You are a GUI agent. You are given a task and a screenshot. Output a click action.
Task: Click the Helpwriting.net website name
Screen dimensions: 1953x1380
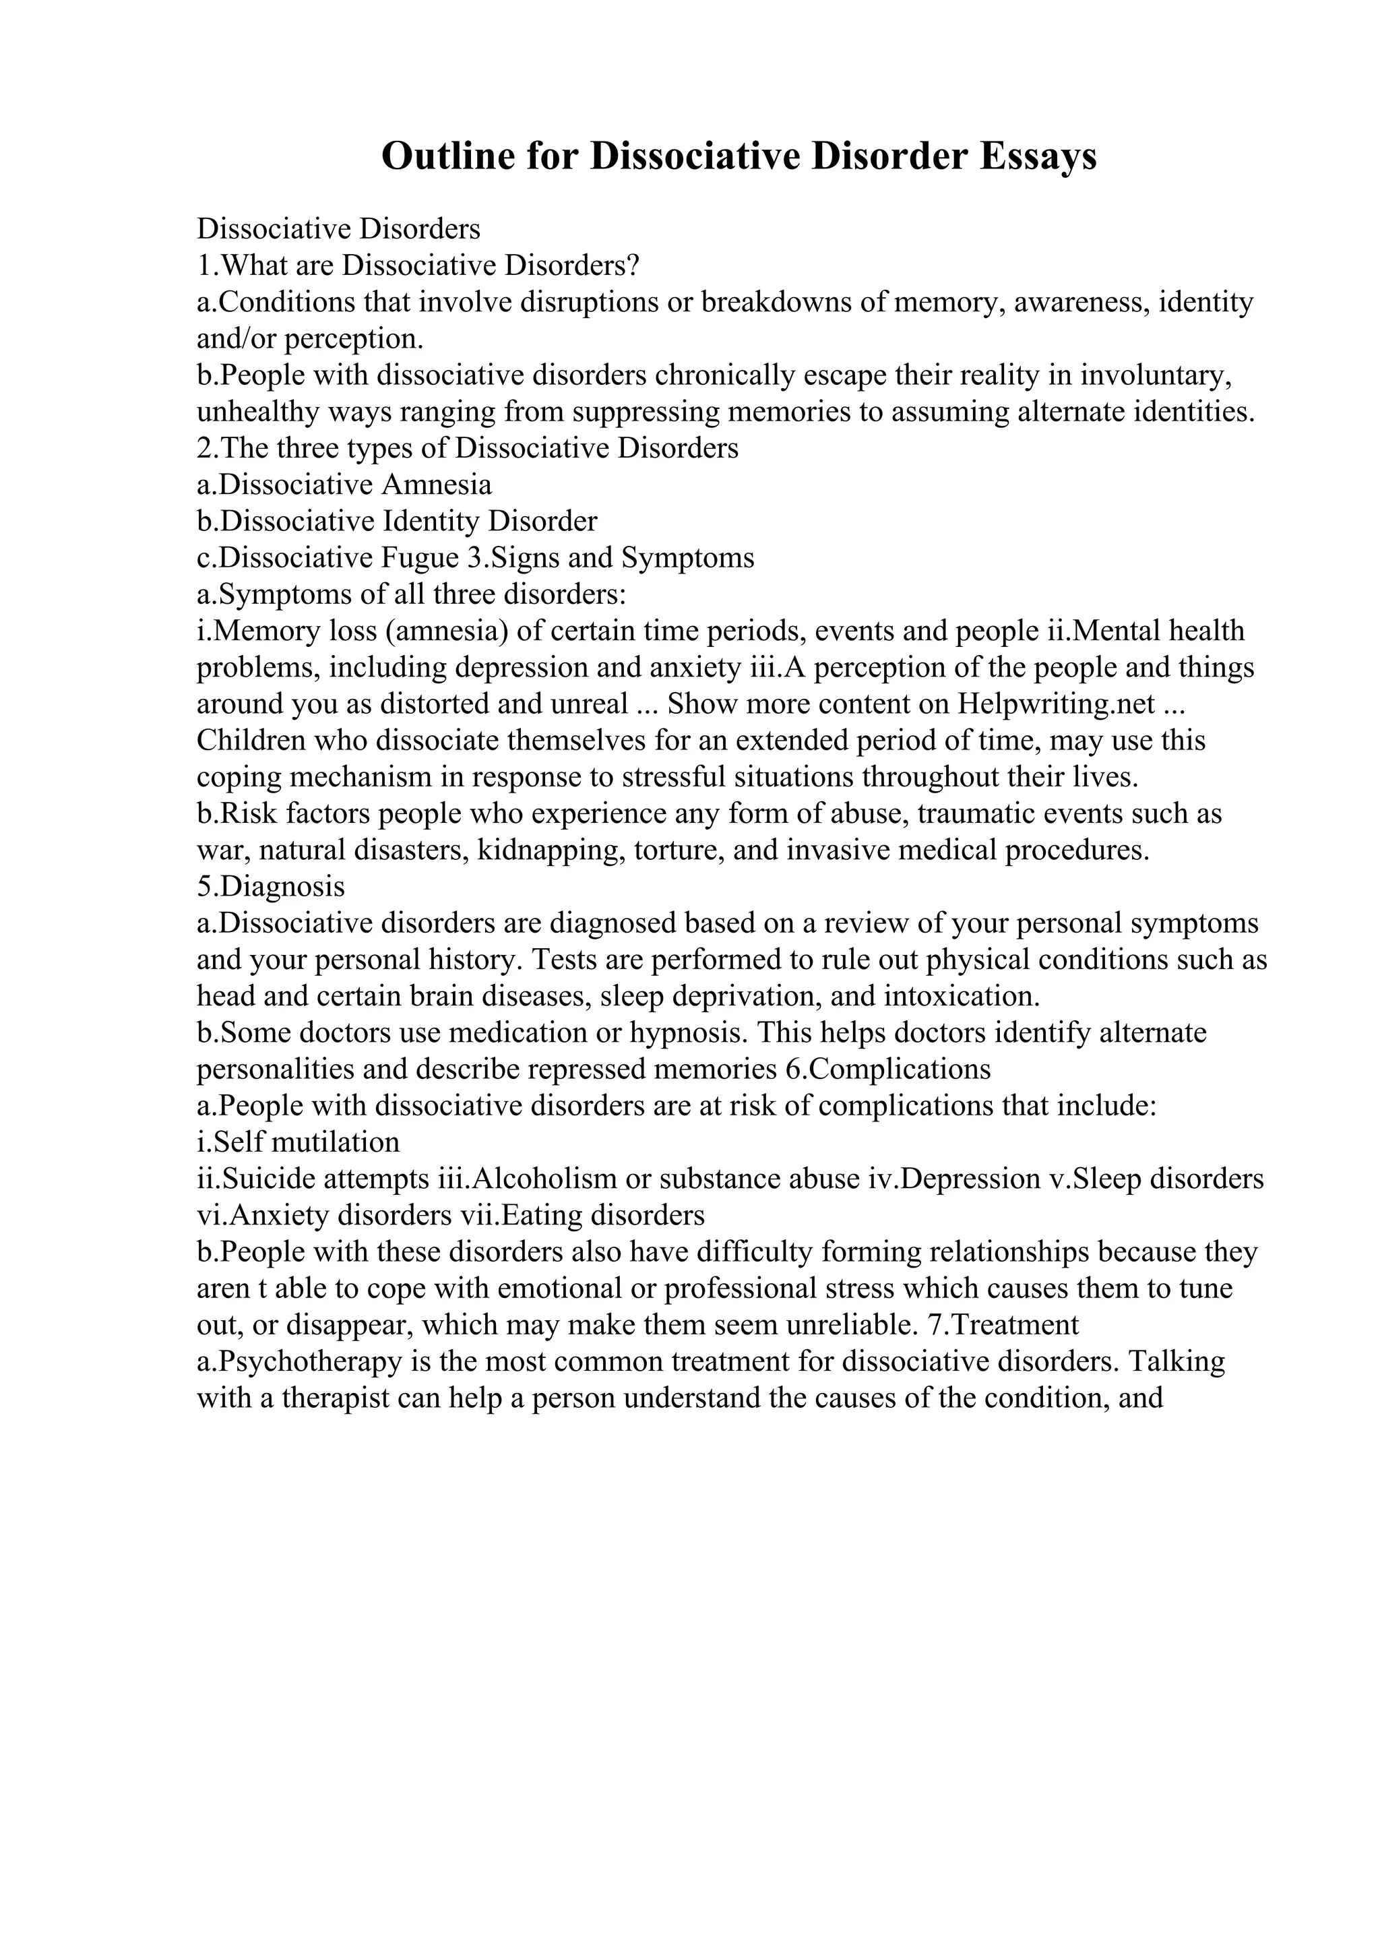[1057, 704]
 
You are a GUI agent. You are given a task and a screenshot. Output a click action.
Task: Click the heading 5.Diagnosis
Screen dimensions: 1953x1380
[270, 887]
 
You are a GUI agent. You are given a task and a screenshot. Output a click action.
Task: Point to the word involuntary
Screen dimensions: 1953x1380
[1154, 376]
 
